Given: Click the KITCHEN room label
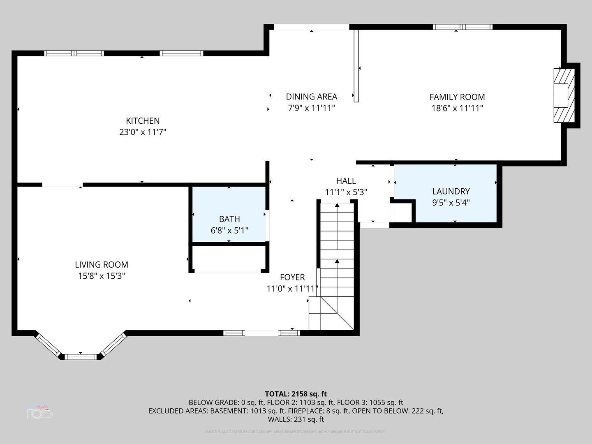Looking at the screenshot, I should pos(143,121).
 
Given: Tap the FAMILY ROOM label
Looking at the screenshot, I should pos(457,97).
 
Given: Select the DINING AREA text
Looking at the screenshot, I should pos(311,97).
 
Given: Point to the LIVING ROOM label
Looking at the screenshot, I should pos(101,265).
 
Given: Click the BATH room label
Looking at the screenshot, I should pos(229,219).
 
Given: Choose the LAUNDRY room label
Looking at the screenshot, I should pos(451,191).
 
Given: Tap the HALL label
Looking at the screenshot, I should pos(346,181).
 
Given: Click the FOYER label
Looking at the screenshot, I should pos(292,277).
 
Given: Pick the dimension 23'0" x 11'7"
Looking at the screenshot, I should pos(143,132).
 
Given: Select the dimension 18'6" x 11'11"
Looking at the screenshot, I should pos(457,108).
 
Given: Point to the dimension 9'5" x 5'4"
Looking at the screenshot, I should pos(451,203).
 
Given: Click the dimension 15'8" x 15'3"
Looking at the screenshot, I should pos(101,276).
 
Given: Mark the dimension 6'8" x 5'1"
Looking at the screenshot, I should pos(229,231).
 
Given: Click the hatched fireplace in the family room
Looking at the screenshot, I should pos(564,95).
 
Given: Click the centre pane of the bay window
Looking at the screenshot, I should pos(81,356).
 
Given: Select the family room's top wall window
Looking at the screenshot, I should pos(462,27).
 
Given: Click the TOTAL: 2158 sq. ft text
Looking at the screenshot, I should pos(296,394).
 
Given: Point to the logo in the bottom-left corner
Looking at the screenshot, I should pos(40,411).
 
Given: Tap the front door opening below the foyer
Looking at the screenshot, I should pos(261,333).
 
